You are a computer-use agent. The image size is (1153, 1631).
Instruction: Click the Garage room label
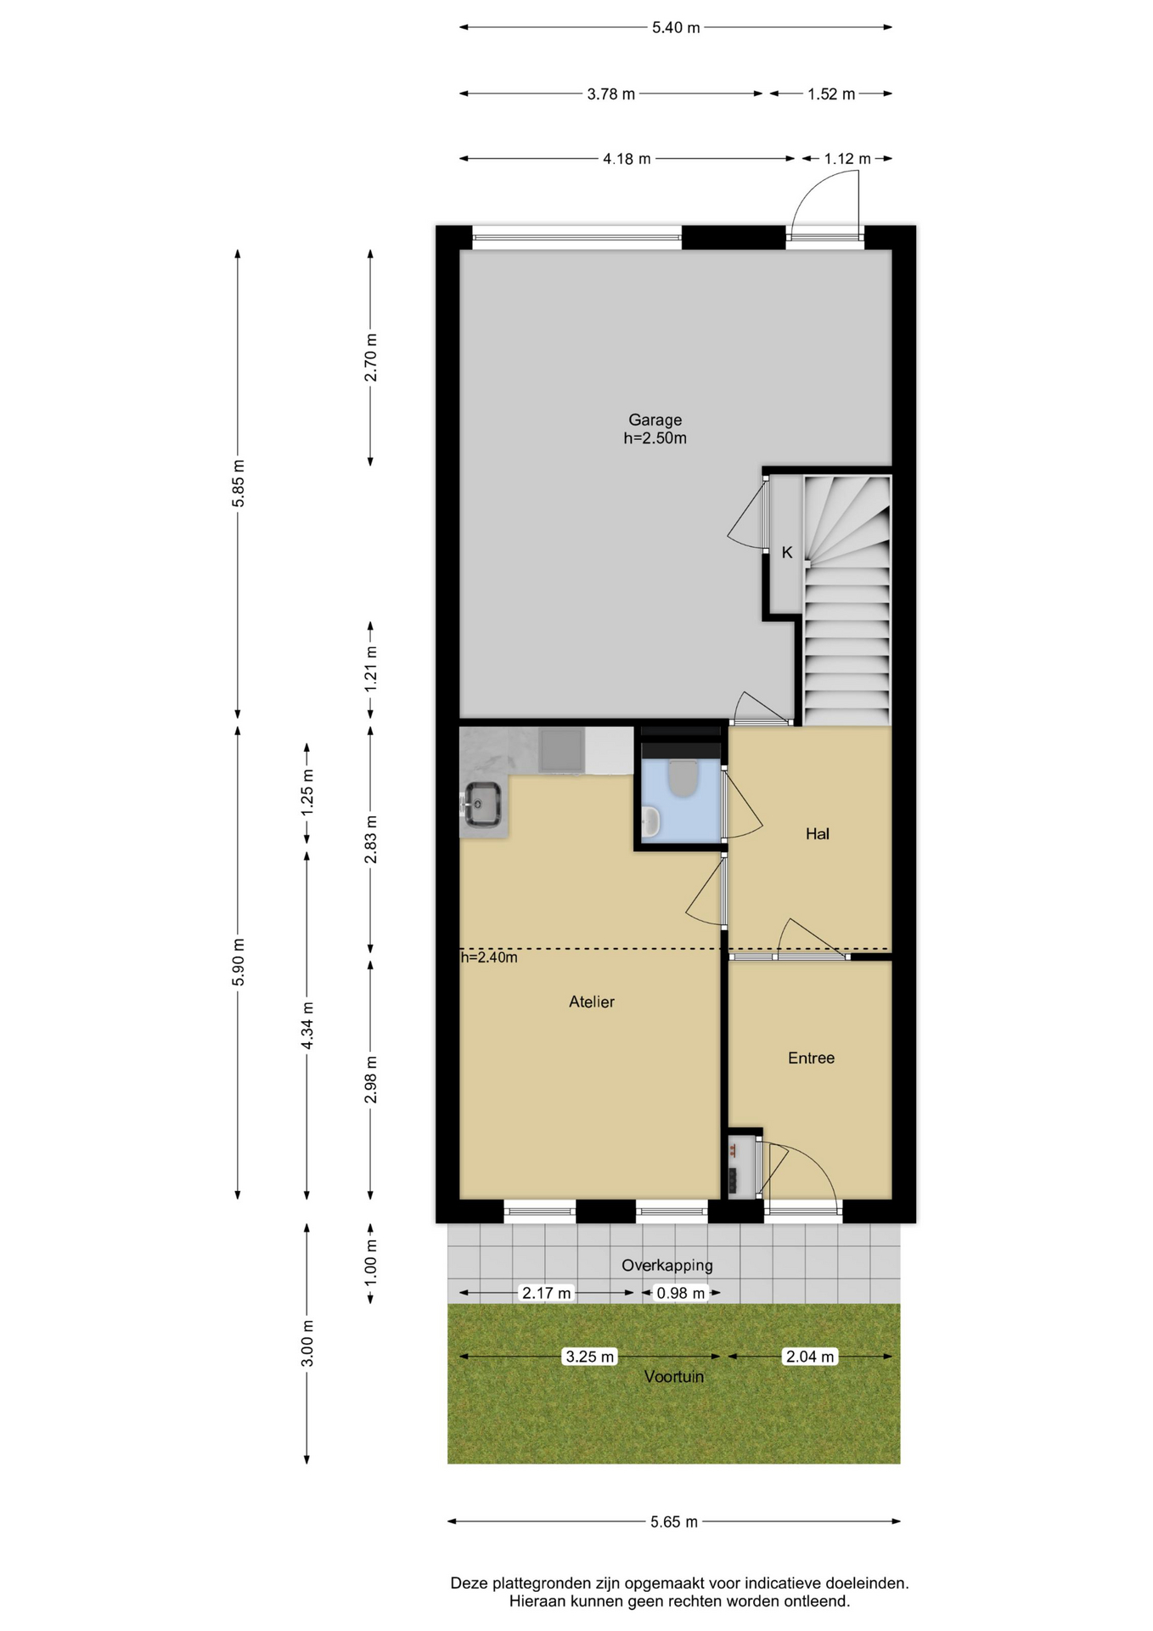655,420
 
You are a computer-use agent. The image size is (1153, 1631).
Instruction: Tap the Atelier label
592,1002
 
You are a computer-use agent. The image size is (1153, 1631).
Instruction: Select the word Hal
818,834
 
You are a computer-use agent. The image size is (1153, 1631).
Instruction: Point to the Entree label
811,1058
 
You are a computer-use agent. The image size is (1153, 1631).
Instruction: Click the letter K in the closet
787,553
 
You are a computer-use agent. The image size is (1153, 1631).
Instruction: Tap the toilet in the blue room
683,778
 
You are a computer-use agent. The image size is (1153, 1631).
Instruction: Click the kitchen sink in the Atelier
481,803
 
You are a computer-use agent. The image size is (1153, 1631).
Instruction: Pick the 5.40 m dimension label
676,28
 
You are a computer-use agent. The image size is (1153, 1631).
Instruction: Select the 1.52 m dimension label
831,94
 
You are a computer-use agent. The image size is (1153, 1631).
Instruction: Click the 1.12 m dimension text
847,159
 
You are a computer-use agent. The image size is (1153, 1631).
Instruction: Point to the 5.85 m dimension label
239,483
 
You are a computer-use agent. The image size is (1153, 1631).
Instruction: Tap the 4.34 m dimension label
307,1025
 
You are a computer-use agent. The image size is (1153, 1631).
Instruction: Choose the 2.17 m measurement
547,1293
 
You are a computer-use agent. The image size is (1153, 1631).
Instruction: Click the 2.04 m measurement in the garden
810,1357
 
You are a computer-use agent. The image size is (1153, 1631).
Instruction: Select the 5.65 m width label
674,1521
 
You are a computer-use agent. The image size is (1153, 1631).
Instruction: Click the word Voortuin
674,1377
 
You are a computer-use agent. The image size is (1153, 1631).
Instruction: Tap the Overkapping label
666,1266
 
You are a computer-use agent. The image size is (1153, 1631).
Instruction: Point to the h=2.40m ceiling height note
489,957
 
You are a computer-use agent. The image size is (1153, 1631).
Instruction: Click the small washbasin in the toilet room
650,821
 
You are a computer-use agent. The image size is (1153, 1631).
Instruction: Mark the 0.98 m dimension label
681,1293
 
